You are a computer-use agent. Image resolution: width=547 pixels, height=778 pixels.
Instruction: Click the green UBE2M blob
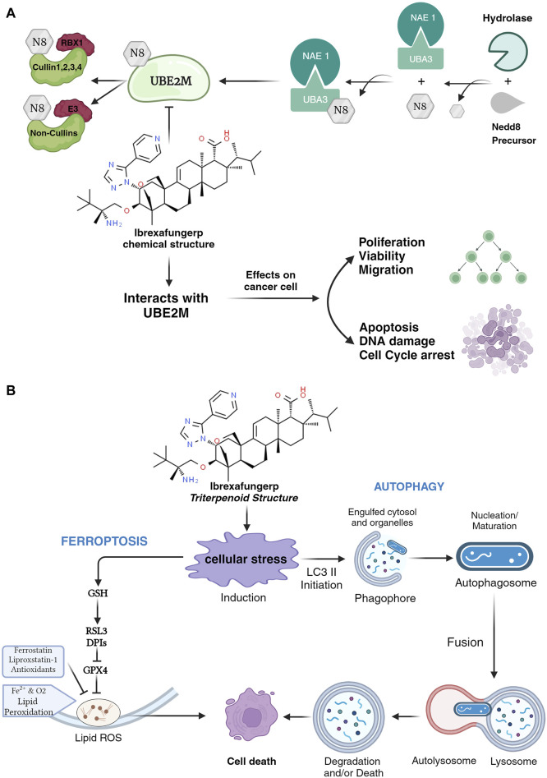pyautogui.click(x=169, y=81)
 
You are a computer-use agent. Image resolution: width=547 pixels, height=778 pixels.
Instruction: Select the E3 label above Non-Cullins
pyautogui.click(x=73, y=109)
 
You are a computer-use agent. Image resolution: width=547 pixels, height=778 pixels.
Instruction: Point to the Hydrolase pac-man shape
pyautogui.click(x=508, y=50)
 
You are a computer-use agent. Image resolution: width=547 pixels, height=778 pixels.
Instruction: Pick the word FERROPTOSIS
pyautogui.click(x=104, y=541)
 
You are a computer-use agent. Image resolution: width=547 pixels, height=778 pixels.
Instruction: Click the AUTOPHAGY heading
pyautogui.click(x=409, y=486)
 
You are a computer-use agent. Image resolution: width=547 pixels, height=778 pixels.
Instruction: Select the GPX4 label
pyautogui.click(x=95, y=670)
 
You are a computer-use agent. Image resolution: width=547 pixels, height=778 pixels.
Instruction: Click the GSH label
pyautogui.click(x=98, y=593)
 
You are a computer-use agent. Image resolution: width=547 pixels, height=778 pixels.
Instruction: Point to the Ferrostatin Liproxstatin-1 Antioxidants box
pyautogui.click(x=33, y=661)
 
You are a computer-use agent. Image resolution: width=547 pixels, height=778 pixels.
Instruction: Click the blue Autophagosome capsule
pyautogui.click(x=494, y=556)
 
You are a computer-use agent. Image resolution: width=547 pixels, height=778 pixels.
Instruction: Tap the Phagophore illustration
pyautogui.click(x=381, y=559)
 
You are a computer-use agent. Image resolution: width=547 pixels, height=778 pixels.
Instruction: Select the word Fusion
pyautogui.click(x=465, y=642)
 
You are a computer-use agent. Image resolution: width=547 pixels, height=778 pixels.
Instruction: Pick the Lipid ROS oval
pyautogui.click(x=99, y=713)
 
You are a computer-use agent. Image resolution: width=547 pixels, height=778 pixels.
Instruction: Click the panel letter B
pyautogui.click(x=11, y=390)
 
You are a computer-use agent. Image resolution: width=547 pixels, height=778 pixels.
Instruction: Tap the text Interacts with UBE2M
pyautogui.click(x=166, y=305)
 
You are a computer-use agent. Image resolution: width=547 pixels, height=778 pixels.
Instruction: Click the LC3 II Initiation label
pyautogui.click(x=321, y=578)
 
